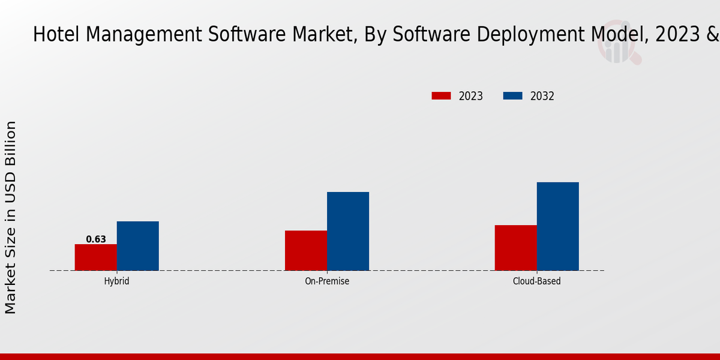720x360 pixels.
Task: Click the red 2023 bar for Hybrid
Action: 96,257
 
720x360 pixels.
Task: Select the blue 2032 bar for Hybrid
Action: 138,246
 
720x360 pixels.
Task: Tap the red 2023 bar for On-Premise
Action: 306,250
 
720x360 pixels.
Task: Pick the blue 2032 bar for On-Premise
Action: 348,231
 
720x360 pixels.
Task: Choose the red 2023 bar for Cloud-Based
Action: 516,248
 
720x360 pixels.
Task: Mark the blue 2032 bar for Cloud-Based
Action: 558,226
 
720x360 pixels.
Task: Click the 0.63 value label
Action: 96,239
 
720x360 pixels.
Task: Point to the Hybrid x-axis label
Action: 116,281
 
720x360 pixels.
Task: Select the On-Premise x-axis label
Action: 327,281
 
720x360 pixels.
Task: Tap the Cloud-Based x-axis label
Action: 537,281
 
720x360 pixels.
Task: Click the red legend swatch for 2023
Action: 441,96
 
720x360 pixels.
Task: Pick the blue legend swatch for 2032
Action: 512,96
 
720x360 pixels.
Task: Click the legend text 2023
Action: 471,96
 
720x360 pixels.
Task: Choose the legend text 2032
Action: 542,96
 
